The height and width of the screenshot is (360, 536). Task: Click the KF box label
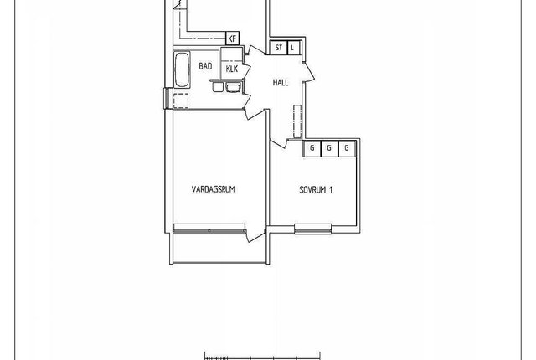pyautogui.click(x=232, y=39)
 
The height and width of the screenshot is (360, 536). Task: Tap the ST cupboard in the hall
pyautogui.click(x=279, y=48)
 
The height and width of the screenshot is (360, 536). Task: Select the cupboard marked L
pyautogui.click(x=293, y=48)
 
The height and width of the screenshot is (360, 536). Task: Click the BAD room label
pyautogui.click(x=205, y=66)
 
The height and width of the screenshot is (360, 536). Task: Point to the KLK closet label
pyautogui.click(x=232, y=69)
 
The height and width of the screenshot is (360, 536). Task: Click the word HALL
pyautogui.click(x=281, y=82)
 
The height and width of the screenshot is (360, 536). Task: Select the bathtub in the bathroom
pyautogui.click(x=182, y=69)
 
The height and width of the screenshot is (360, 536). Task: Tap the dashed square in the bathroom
pyautogui.click(x=181, y=100)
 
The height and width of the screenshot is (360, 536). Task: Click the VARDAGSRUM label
pyautogui.click(x=214, y=189)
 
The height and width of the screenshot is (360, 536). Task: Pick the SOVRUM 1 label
pyautogui.click(x=316, y=189)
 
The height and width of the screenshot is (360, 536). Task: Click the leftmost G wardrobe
pyautogui.click(x=312, y=149)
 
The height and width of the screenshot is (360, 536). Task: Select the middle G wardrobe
pyautogui.click(x=329, y=149)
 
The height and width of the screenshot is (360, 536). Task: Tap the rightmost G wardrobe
pyautogui.click(x=347, y=149)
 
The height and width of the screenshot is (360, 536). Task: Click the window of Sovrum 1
pyautogui.click(x=313, y=229)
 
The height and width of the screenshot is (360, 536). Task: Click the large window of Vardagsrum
pyautogui.click(x=209, y=229)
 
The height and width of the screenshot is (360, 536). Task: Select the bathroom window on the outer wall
pyautogui.click(x=167, y=98)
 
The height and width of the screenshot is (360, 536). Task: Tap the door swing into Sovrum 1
pyautogui.click(x=279, y=142)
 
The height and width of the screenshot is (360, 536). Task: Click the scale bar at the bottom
pyautogui.click(x=262, y=357)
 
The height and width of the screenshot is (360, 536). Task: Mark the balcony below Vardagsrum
pyautogui.click(x=219, y=249)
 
